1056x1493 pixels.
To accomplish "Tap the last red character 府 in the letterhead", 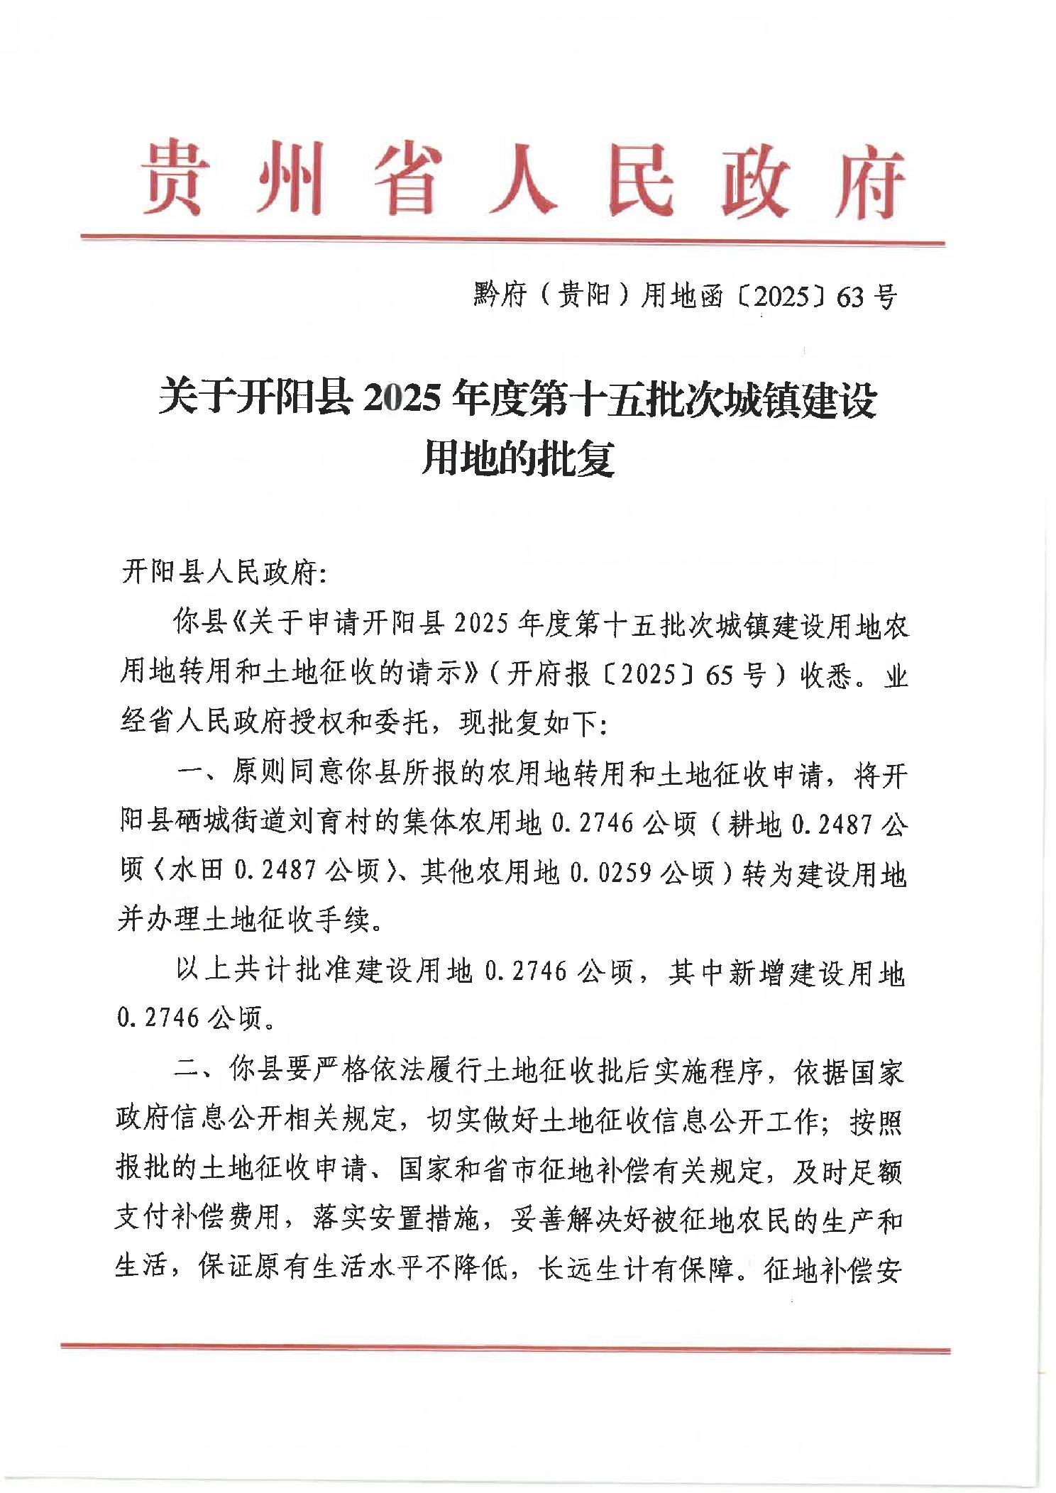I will click(x=870, y=182).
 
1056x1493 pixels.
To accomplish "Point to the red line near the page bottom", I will click(x=505, y=1346).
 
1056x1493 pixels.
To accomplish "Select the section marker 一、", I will click(x=201, y=774).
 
